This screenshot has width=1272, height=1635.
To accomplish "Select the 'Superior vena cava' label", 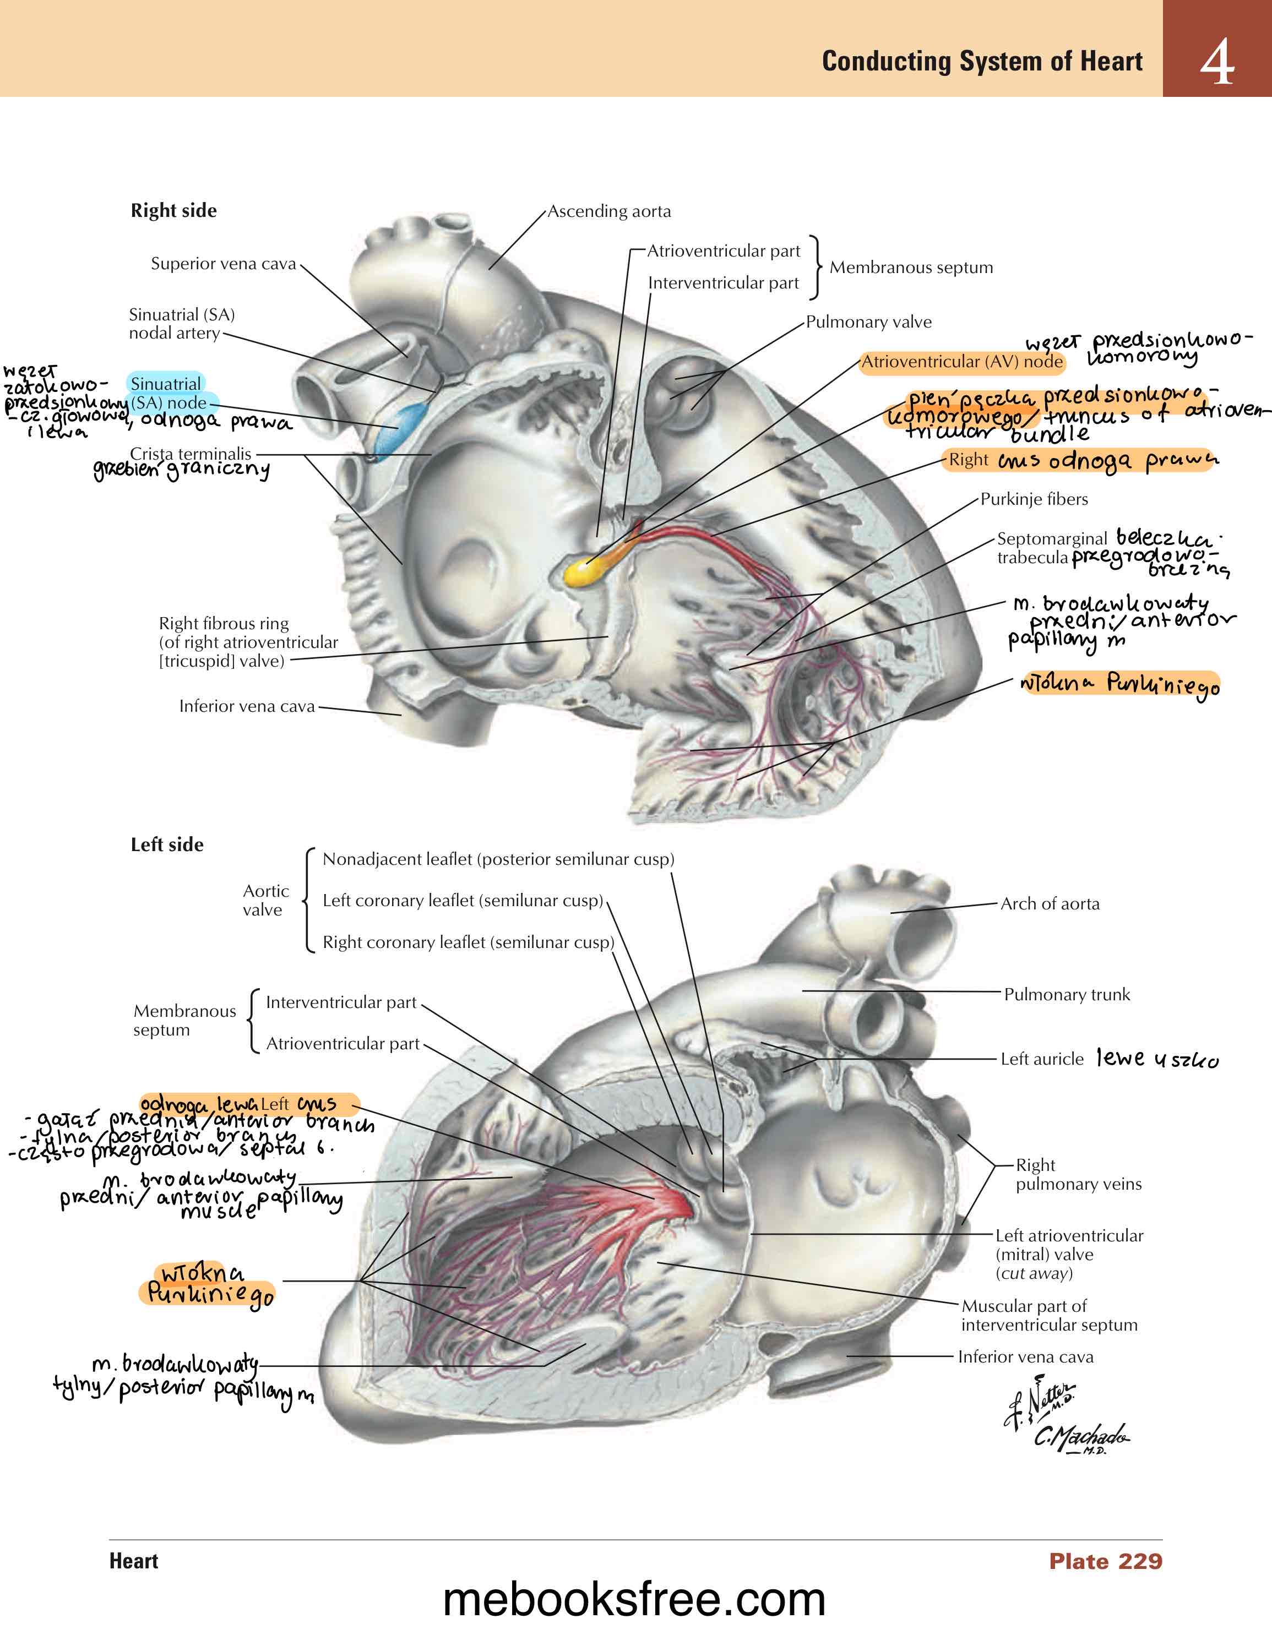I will point(223,264).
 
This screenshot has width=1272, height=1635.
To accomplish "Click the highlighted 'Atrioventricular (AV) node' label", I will point(961,362).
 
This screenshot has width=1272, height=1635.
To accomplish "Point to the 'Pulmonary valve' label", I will point(868,322).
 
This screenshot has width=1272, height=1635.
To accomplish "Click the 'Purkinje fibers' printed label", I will point(1034,499).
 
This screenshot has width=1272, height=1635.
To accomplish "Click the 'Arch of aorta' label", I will point(1050,903).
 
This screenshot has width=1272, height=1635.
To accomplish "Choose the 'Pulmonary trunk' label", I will point(1066,994).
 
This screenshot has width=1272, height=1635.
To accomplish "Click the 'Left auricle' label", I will point(1041,1059).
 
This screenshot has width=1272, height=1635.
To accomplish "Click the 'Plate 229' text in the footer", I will point(1105,1561).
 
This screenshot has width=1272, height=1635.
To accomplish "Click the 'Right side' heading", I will point(173,210).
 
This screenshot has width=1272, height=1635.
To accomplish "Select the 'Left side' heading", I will point(167,844).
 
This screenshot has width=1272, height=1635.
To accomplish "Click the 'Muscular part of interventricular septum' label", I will point(1048,1315).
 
